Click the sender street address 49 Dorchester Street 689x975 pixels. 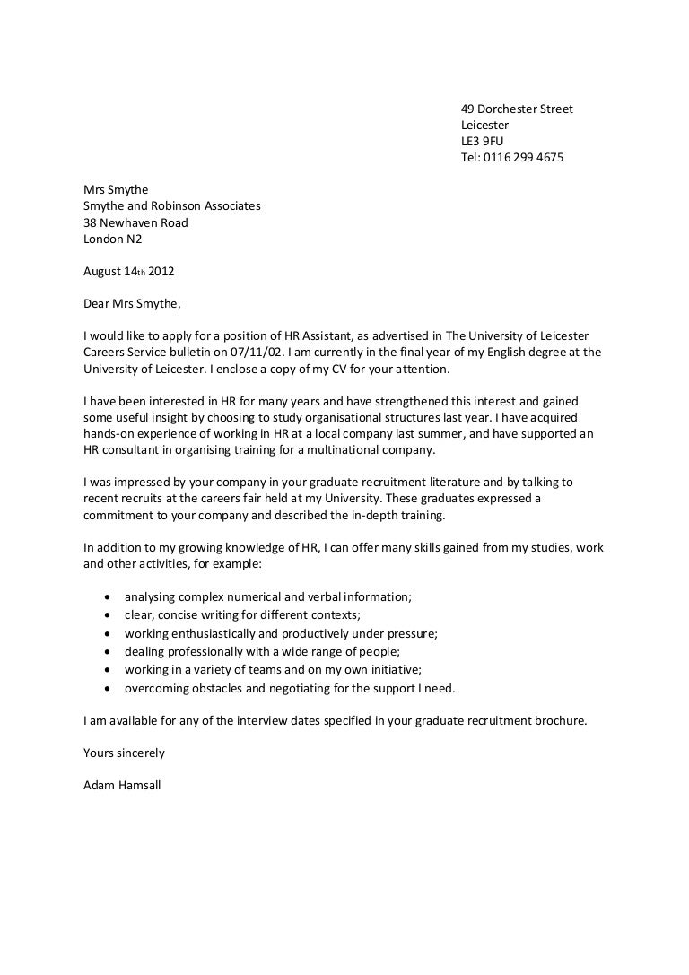tap(516, 109)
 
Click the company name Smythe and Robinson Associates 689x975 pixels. tap(171, 205)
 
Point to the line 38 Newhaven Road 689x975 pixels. tap(135, 222)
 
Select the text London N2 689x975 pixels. tap(112, 239)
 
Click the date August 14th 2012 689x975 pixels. tap(122, 271)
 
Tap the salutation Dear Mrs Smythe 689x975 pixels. tap(132, 303)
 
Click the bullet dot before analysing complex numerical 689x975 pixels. tap(108, 596)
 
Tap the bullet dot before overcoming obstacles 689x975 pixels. tap(108, 689)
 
